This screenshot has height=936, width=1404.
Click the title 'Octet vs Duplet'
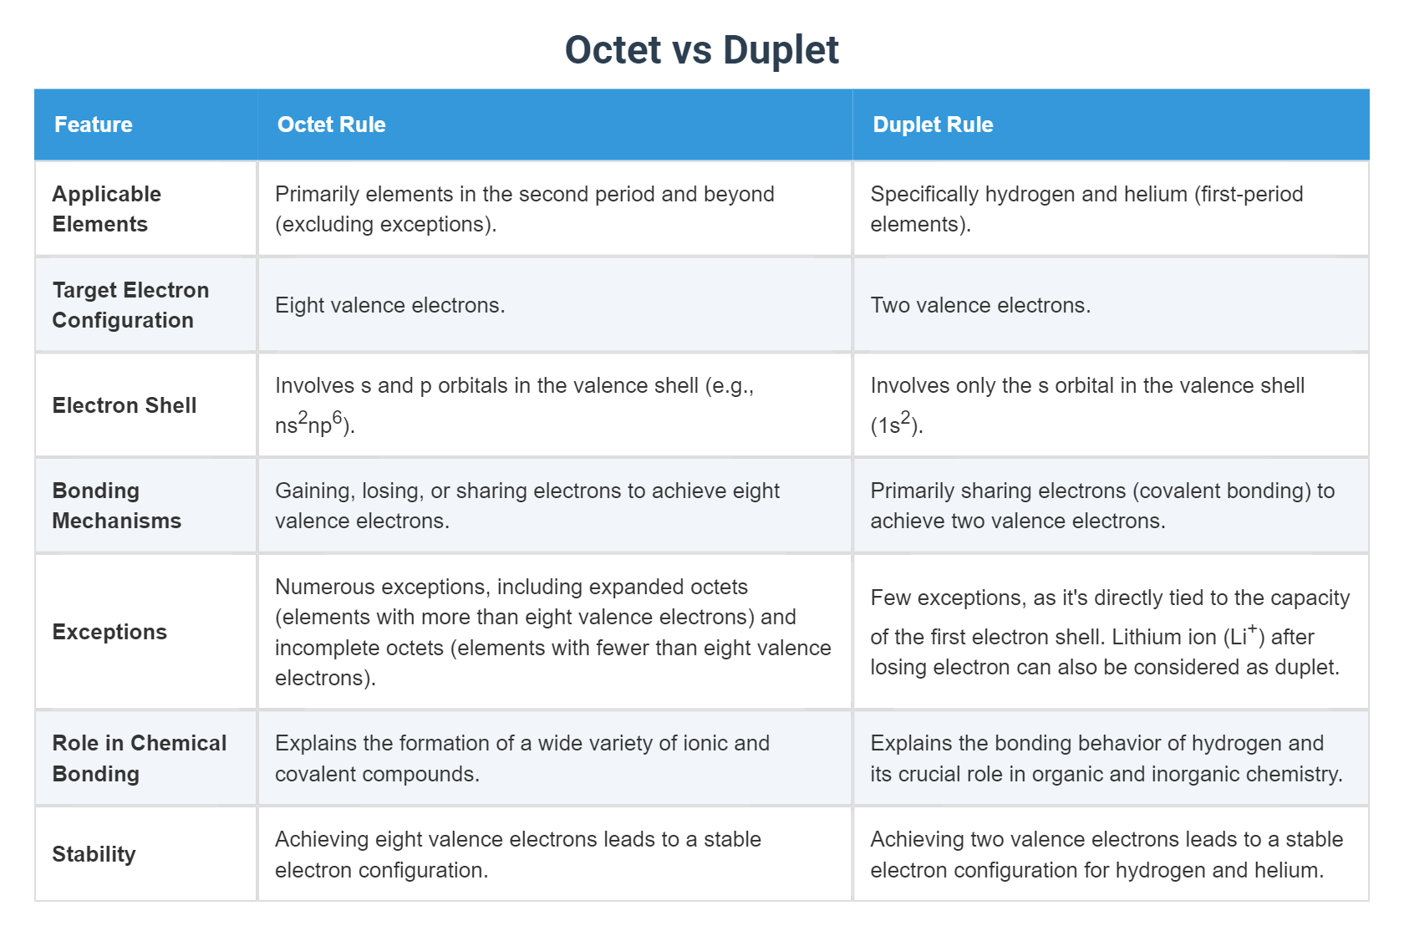(x=701, y=50)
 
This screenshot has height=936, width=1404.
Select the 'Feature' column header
(x=94, y=125)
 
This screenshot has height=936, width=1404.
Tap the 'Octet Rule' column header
(x=331, y=125)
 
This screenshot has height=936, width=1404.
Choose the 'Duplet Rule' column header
(x=933, y=125)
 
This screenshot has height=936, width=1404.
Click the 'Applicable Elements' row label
(x=106, y=209)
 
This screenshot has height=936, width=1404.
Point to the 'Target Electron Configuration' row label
(x=130, y=305)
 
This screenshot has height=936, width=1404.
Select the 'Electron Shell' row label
(x=125, y=405)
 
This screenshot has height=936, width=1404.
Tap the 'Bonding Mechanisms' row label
(x=116, y=506)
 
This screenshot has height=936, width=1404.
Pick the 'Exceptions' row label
(x=109, y=632)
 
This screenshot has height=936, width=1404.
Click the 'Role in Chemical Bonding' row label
(x=139, y=758)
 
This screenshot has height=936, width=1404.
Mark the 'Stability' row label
(x=94, y=854)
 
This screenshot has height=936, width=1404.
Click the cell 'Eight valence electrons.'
(x=389, y=305)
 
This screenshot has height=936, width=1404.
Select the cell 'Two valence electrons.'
(x=980, y=305)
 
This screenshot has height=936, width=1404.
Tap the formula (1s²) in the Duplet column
(x=897, y=424)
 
